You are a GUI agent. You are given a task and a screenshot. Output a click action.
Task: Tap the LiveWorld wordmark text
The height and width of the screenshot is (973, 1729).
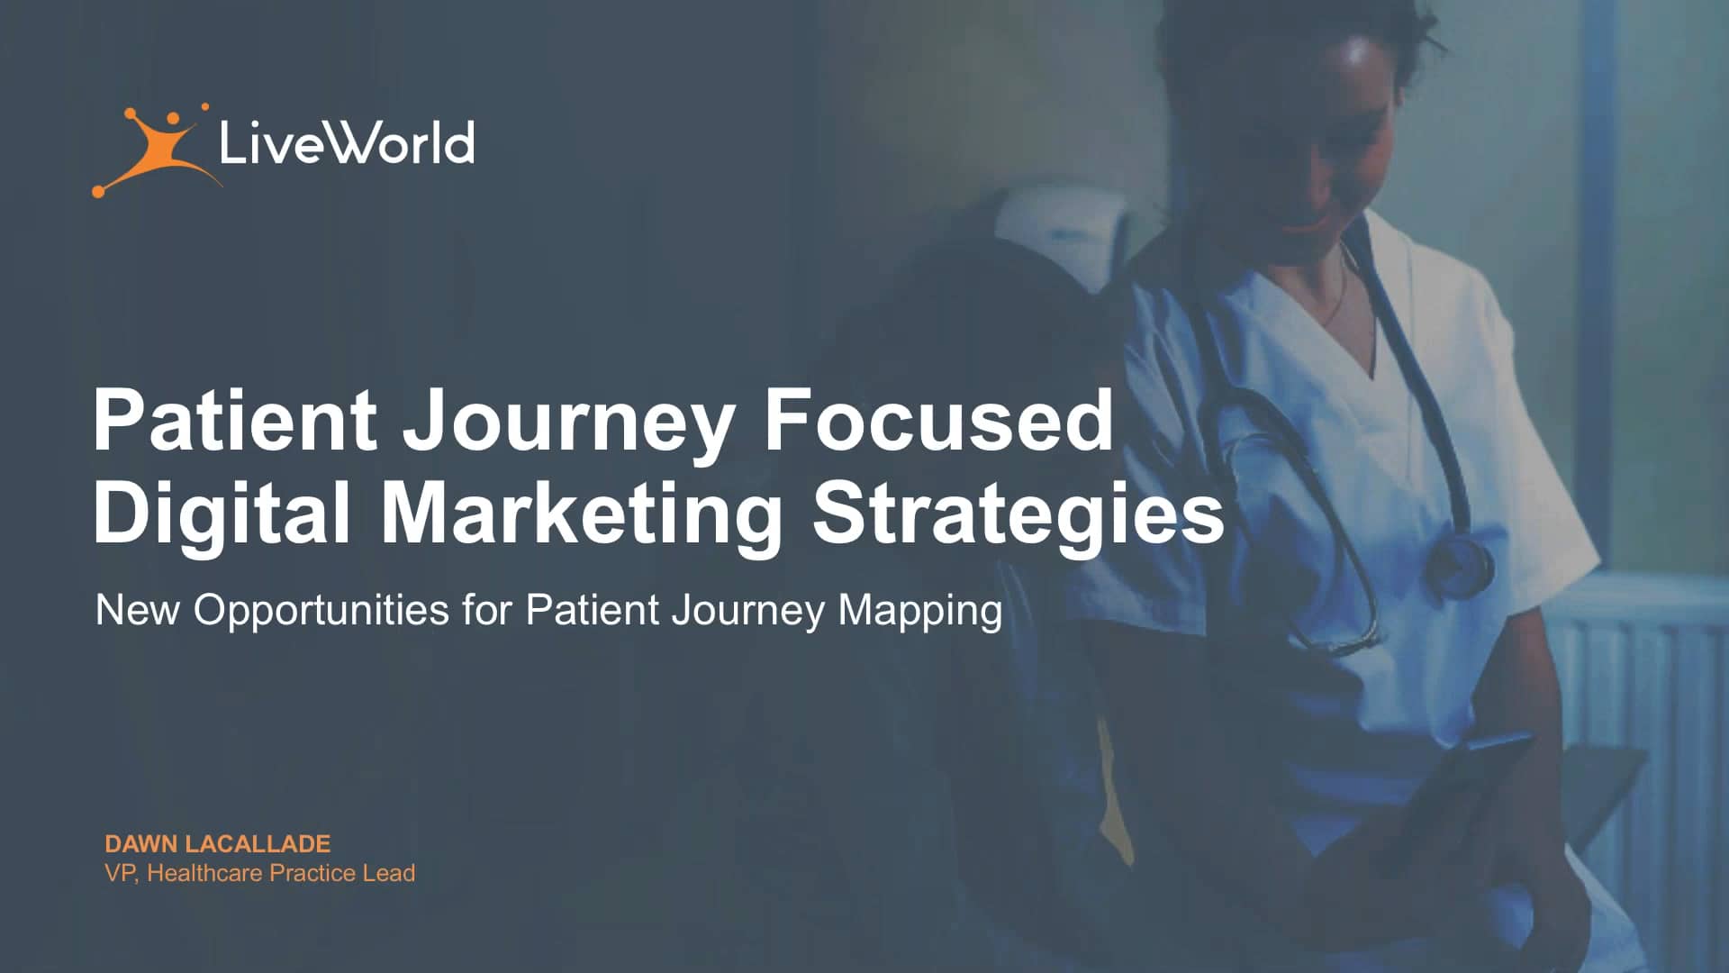tap(347, 143)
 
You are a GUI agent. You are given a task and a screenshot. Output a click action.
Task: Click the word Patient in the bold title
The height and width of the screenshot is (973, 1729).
tap(235, 420)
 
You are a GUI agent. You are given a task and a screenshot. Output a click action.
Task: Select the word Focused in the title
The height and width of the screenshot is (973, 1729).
tap(938, 420)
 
